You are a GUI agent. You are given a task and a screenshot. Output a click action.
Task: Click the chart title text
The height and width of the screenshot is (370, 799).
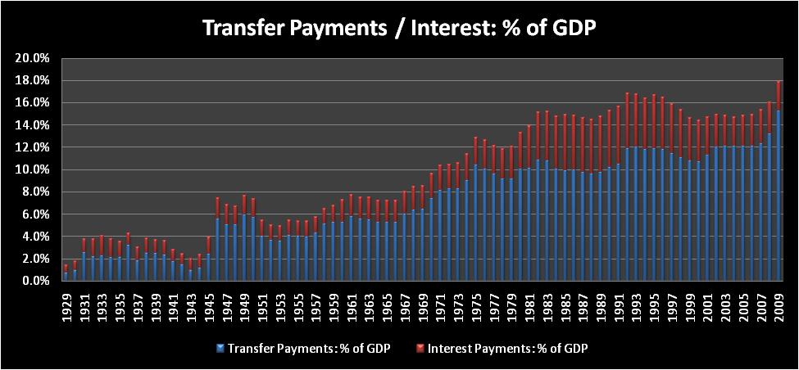[x=399, y=28]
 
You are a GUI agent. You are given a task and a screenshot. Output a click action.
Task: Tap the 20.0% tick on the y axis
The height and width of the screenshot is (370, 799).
[x=32, y=58]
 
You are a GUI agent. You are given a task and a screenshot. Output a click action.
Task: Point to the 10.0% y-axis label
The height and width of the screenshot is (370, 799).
[x=32, y=169]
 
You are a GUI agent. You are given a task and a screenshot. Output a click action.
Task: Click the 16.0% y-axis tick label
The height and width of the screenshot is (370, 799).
[x=32, y=103]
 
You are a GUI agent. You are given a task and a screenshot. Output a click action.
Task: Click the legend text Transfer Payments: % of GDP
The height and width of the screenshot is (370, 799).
[x=307, y=348]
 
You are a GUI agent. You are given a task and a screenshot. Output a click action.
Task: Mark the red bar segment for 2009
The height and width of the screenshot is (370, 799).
[x=779, y=96]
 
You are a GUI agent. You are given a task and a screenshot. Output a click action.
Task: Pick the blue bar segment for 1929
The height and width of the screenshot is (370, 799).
[x=66, y=276]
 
